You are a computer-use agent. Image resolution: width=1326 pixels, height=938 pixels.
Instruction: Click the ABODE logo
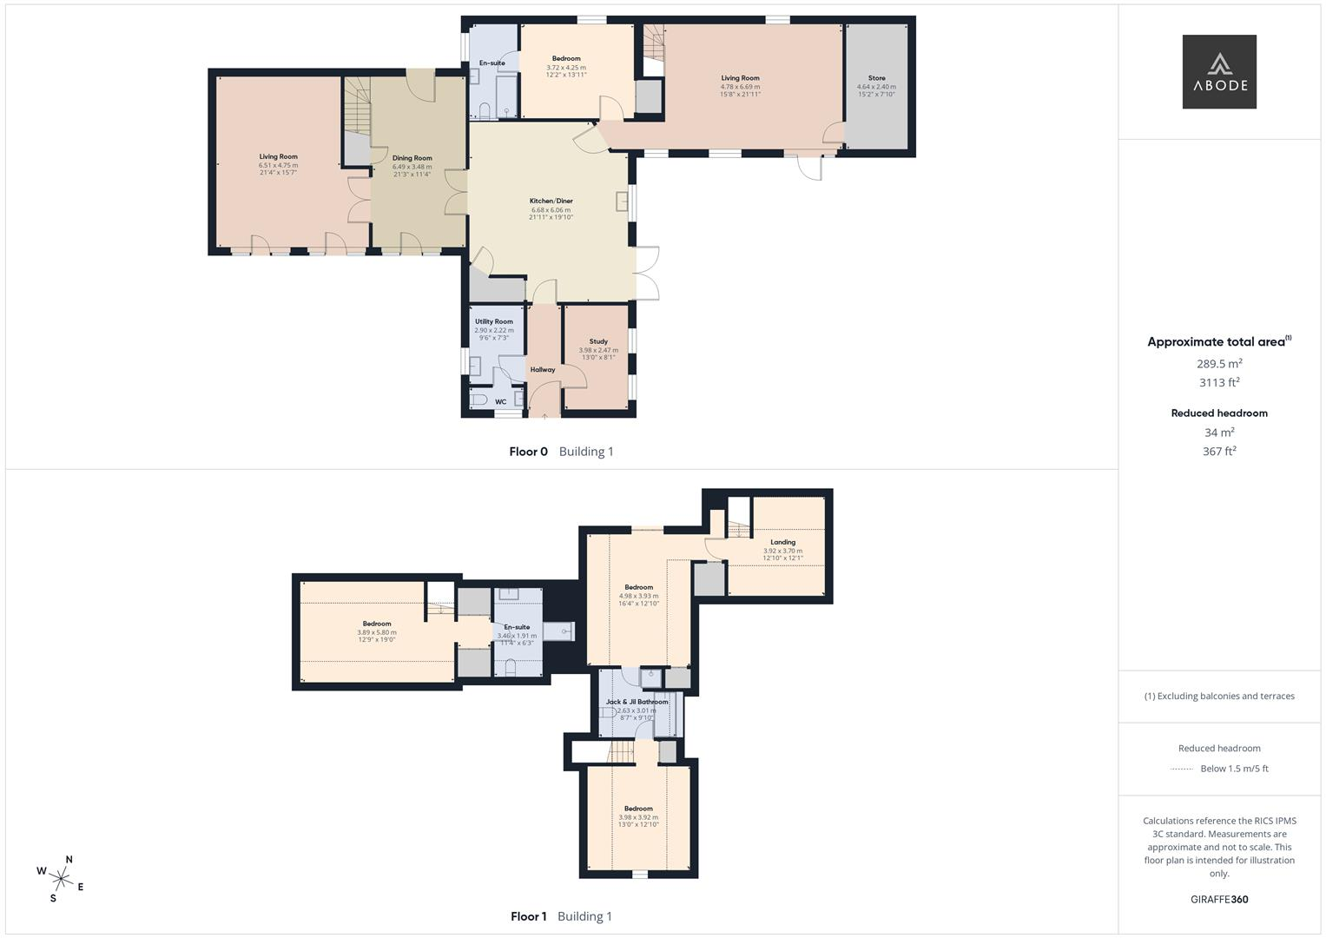pos(1219,71)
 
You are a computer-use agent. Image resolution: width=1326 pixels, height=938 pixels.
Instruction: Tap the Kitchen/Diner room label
pos(551,201)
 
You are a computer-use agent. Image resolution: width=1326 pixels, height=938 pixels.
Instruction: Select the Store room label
pos(877,78)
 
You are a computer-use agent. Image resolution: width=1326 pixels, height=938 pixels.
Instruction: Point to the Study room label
pos(598,341)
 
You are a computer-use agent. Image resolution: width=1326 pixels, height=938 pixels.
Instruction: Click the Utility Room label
pos(494,321)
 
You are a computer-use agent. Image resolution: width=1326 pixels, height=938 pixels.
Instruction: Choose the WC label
pos(501,402)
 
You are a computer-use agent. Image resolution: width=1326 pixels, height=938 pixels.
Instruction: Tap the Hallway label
pos(543,369)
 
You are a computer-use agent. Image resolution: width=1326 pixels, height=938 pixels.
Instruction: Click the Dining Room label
pos(412,158)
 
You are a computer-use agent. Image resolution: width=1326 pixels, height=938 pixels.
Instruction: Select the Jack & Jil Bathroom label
pos(637,702)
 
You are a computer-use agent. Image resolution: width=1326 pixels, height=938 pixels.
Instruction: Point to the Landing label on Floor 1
pos(782,542)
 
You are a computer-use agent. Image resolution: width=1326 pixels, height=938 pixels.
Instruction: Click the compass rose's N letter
pos(69,859)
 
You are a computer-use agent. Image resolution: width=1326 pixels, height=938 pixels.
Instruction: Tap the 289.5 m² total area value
pos(1219,364)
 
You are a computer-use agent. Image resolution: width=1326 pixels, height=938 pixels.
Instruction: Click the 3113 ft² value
pos(1219,382)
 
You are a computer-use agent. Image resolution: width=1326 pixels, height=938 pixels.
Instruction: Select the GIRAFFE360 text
pos(1219,900)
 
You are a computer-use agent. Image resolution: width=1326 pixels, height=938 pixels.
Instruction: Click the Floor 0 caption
pos(528,452)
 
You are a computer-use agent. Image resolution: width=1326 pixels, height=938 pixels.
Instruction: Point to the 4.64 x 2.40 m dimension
pos(877,87)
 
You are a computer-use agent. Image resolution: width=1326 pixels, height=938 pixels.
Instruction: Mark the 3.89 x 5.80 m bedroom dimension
pos(377,632)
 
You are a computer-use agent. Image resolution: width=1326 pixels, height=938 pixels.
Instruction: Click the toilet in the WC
pos(478,400)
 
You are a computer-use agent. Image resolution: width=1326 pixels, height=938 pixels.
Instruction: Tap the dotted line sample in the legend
pos(1182,770)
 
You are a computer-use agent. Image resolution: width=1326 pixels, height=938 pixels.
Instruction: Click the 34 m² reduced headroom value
pos(1219,433)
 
